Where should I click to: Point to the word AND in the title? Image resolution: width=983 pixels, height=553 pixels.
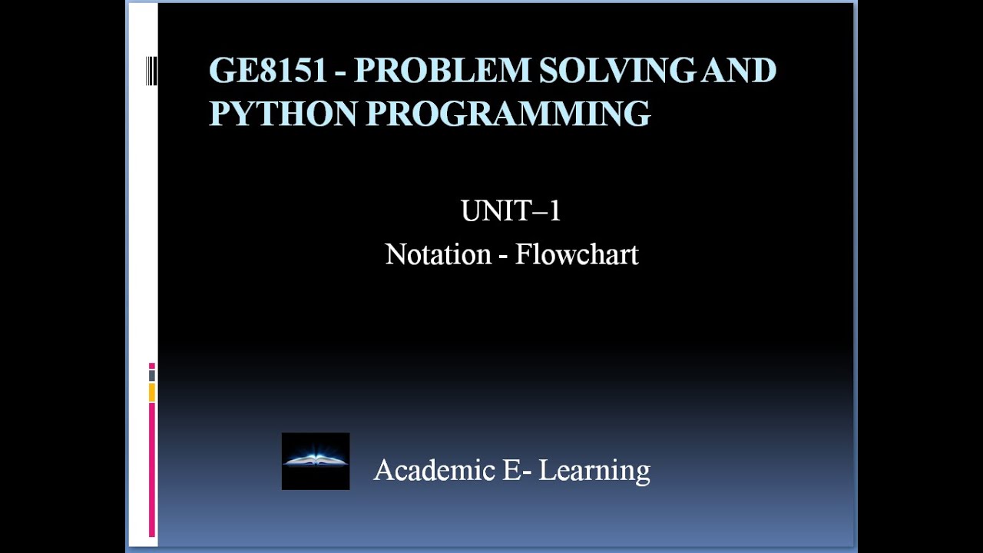click(740, 71)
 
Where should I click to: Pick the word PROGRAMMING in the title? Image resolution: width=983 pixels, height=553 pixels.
click(508, 113)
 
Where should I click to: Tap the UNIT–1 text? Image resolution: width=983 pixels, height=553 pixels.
click(511, 210)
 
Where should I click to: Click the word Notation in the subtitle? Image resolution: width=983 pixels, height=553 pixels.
click(438, 254)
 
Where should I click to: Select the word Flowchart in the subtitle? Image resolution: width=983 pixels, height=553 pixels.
click(577, 254)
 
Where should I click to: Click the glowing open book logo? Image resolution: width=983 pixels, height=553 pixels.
click(316, 461)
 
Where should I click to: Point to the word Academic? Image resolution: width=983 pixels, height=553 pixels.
click(434, 469)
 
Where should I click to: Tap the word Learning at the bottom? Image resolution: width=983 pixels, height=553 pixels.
click(594, 470)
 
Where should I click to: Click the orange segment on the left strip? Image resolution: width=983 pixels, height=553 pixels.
click(152, 392)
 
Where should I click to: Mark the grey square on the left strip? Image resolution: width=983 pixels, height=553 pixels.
click(152, 376)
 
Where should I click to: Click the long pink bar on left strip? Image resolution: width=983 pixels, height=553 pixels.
click(152, 469)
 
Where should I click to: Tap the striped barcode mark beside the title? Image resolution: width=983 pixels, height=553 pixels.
click(151, 71)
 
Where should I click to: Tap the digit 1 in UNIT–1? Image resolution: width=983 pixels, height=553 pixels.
click(555, 210)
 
